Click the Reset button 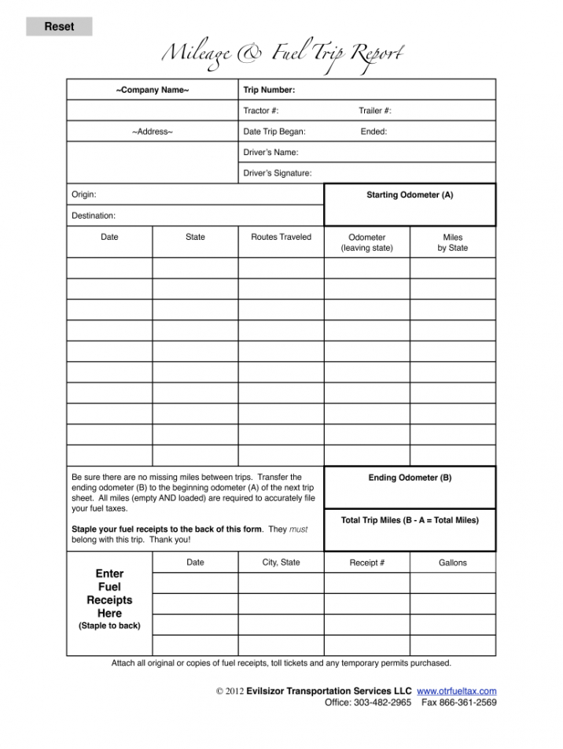(59, 27)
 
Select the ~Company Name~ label (153, 90)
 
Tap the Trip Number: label (269, 90)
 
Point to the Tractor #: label (261, 111)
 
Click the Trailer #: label (375, 111)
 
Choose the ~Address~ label (153, 131)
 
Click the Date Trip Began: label (274, 131)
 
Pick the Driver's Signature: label (278, 173)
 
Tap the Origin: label (84, 194)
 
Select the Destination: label (94, 215)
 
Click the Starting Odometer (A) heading (410, 194)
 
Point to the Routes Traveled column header (281, 237)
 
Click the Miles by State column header (452, 242)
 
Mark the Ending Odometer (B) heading (410, 478)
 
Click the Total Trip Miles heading (410, 520)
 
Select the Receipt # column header (366, 563)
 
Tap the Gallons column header (452, 563)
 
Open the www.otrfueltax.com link (456, 691)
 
